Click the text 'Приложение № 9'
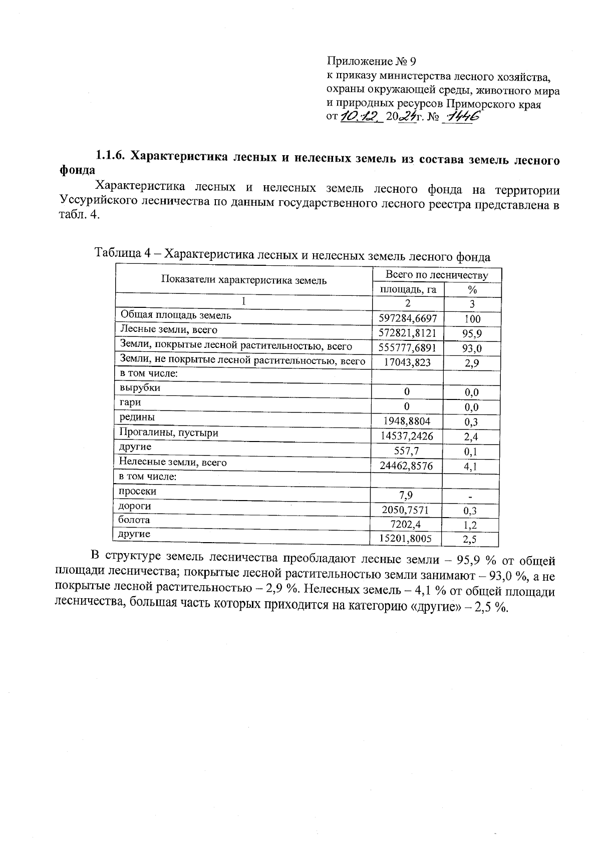[x=371, y=62]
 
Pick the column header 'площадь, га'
[x=408, y=289]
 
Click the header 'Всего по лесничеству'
[x=436, y=275]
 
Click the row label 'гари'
[x=130, y=402]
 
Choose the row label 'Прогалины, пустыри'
[x=168, y=432]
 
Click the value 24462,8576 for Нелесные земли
[x=407, y=466]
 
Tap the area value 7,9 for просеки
[x=406, y=496]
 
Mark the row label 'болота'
[x=134, y=520]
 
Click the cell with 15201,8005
[x=406, y=539]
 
